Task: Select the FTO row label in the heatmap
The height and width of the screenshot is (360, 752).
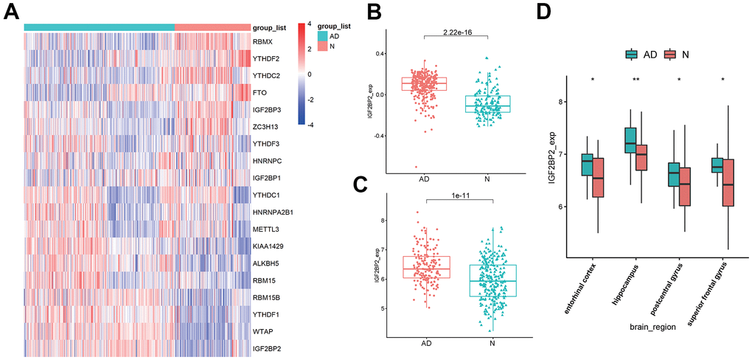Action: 260,93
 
